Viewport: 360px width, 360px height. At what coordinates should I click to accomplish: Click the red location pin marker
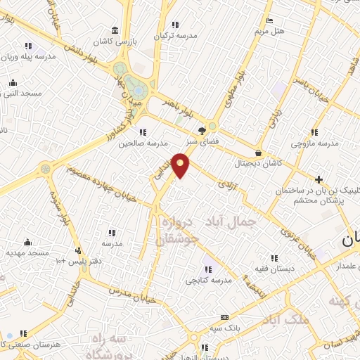(x=181, y=165)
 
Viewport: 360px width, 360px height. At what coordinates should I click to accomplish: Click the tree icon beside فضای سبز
(x=203, y=130)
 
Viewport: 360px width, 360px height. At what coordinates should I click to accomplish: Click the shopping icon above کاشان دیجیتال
(x=259, y=153)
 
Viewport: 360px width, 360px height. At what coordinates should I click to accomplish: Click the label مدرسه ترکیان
(x=175, y=35)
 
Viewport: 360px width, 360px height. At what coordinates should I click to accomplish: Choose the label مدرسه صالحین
(x=135, y=143)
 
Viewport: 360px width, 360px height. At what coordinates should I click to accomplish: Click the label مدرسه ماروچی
(x=314, y=143)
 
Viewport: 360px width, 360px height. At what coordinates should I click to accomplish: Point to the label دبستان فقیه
(x=273, y=269)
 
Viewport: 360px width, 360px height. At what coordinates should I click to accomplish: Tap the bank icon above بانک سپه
(x=224, y=318)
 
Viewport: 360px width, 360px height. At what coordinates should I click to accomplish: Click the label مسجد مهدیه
(x=27, y=252)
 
